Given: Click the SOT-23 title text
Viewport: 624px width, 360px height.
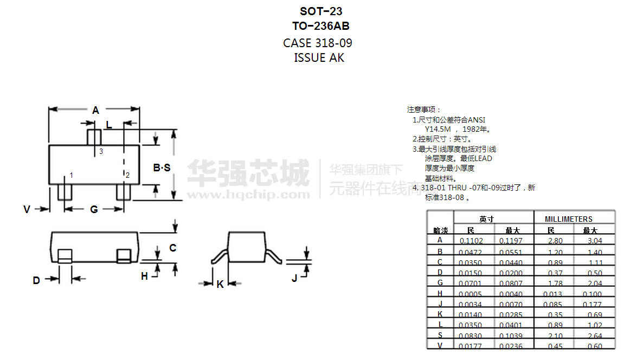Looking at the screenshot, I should (x=321, y=11).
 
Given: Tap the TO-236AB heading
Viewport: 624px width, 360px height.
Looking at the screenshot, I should (x=321, y=25).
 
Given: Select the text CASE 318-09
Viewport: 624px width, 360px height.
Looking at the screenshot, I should (x=318, y=43).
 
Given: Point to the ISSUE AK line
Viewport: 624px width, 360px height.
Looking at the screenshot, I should (x=319, y=57).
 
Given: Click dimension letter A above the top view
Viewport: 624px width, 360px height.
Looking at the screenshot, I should (x=95, y=111).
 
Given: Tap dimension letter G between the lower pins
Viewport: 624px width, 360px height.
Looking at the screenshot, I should (x=94, y=209).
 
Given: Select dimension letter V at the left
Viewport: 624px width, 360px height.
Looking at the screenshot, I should (x=27, y=209).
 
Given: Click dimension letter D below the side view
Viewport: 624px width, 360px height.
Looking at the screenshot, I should (x=36, y=280).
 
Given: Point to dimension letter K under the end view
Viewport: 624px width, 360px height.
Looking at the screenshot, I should (x=220, y=284).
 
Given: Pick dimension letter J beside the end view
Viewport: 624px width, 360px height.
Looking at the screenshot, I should (x=294, y=278).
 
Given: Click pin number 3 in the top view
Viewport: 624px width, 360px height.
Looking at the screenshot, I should (x=101, y=152).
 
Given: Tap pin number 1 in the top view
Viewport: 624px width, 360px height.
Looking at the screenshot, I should (x=71, y=175).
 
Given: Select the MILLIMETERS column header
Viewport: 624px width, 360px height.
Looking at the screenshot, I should (x=569, y=219).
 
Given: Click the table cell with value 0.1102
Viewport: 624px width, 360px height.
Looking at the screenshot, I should (x=471, y=241).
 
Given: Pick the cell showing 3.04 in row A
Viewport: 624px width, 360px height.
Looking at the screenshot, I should (x=595, y=241).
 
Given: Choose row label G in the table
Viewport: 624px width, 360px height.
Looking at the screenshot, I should (x=440, y=282).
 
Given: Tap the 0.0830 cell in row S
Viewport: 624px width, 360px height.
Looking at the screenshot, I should (x=470, y=336).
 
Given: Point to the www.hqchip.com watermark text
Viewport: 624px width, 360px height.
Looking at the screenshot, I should (x=248, y=194).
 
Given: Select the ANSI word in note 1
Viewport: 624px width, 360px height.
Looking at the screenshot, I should (x=477, y=120).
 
